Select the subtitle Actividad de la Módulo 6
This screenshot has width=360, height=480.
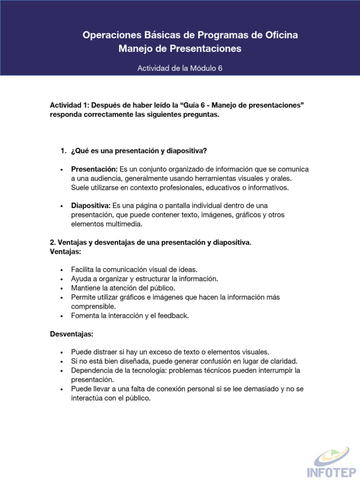coord(180,68)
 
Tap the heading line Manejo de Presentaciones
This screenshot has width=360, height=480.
coord(180,49)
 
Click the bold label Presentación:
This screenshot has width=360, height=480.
coord(94,169)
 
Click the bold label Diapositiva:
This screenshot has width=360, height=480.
coord(91,206)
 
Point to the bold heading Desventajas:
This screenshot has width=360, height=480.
coord(72,334)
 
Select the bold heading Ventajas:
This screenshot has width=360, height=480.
coord(66,251)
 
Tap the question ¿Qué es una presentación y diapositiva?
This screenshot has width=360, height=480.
coord(139,151)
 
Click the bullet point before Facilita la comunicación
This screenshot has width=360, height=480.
coord(62,270)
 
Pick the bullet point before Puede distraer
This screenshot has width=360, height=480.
coord(62,352)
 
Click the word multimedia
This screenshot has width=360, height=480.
coord(124,224)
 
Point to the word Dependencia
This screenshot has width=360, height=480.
coord(91,370)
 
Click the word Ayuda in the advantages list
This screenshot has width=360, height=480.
coord(81,279)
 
